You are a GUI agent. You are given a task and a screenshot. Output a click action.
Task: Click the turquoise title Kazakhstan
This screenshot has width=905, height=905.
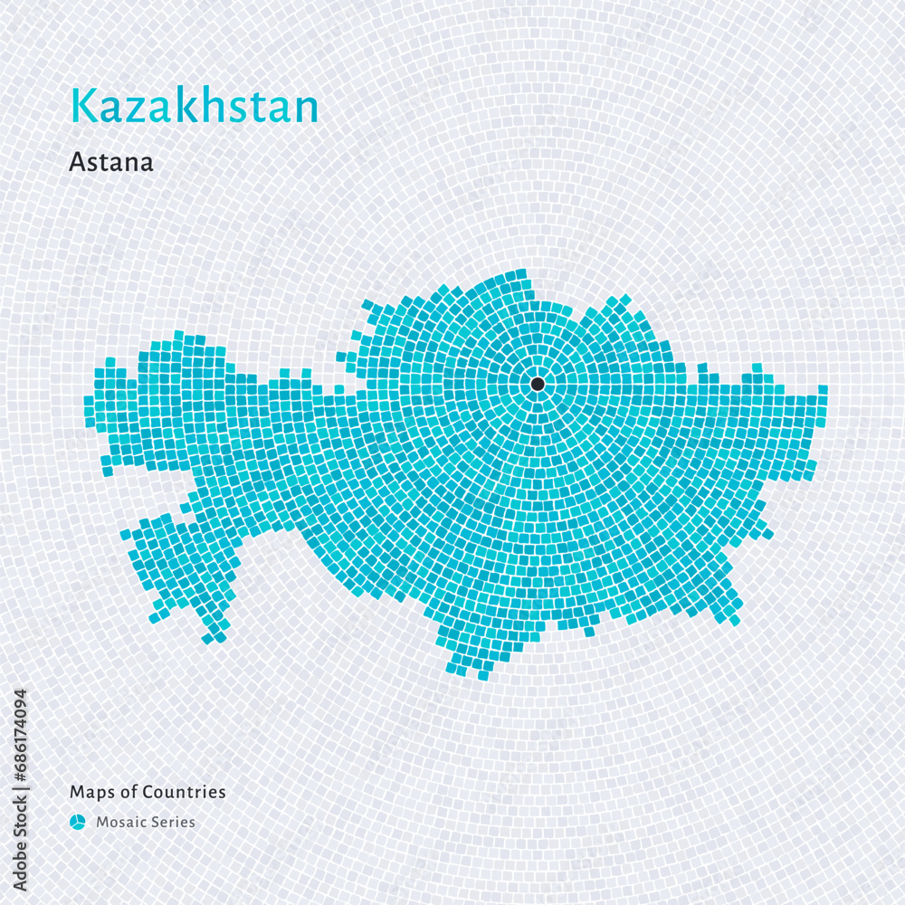195,107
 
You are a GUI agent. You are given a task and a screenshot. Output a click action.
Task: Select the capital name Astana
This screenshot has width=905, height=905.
110,163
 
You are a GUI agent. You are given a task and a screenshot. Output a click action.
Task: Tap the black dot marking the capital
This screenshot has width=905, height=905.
538,384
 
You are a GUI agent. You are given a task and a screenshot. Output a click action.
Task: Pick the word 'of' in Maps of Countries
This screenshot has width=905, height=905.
128,792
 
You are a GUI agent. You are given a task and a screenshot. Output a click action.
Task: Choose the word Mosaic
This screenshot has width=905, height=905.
121,823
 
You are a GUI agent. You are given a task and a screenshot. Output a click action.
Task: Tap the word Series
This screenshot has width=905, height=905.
174,823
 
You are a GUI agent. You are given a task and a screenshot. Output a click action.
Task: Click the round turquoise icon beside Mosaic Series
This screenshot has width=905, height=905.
78,822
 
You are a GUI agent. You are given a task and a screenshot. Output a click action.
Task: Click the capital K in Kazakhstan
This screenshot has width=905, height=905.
81,107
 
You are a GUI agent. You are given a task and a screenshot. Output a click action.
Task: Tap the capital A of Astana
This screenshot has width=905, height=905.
77,163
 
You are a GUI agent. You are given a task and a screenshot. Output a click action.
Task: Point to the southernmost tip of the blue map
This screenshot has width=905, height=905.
482,675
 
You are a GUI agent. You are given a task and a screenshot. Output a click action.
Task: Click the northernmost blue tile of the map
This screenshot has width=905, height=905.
520,273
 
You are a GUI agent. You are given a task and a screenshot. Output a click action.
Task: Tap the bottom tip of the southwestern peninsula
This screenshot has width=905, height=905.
208,639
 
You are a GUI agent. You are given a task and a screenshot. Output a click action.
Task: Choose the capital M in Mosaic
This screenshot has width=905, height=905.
102,823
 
